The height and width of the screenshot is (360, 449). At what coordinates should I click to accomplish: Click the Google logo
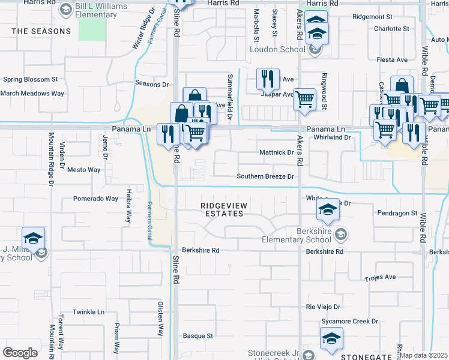pyautogui.click(x=20, y=353)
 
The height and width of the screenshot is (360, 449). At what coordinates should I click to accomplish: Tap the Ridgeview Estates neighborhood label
pyautogui.click(x=224, y=209)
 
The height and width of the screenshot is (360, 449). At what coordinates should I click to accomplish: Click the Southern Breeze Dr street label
pyautogui.click(x=265, y=176)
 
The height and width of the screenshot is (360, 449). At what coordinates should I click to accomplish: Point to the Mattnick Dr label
pyautogui.click(x=276, y=152)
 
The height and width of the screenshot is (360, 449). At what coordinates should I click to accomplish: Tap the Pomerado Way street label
pyautogui.click(x=95, y=199)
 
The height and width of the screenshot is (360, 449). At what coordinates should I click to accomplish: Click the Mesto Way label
pyautogui.click(x=83, y=170)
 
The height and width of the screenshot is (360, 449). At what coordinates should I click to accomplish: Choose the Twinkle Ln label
pyautogui.click(x=89, y=313)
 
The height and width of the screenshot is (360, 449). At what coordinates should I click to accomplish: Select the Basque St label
pyautogui.click(x=198, y=336)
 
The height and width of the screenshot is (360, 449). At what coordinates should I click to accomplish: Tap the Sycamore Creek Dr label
pyautogui.click(x=349, y=322)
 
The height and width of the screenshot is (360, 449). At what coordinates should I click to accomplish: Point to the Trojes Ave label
pyautogui.click(x=380, y=277)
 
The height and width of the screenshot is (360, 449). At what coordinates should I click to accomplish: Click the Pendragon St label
pyautogui.click(x=397, y=213)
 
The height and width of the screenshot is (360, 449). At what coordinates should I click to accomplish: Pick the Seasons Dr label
pyautogui.click(x=152, y=84)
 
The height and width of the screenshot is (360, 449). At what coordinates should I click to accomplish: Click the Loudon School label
pyautogui.click(x=276, y=50)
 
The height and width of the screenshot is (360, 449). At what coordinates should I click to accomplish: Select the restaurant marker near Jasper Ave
pyautogui.click(x=267, y=79)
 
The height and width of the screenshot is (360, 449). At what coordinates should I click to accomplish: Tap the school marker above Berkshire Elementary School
pyautogui.click(x=328, y=210)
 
